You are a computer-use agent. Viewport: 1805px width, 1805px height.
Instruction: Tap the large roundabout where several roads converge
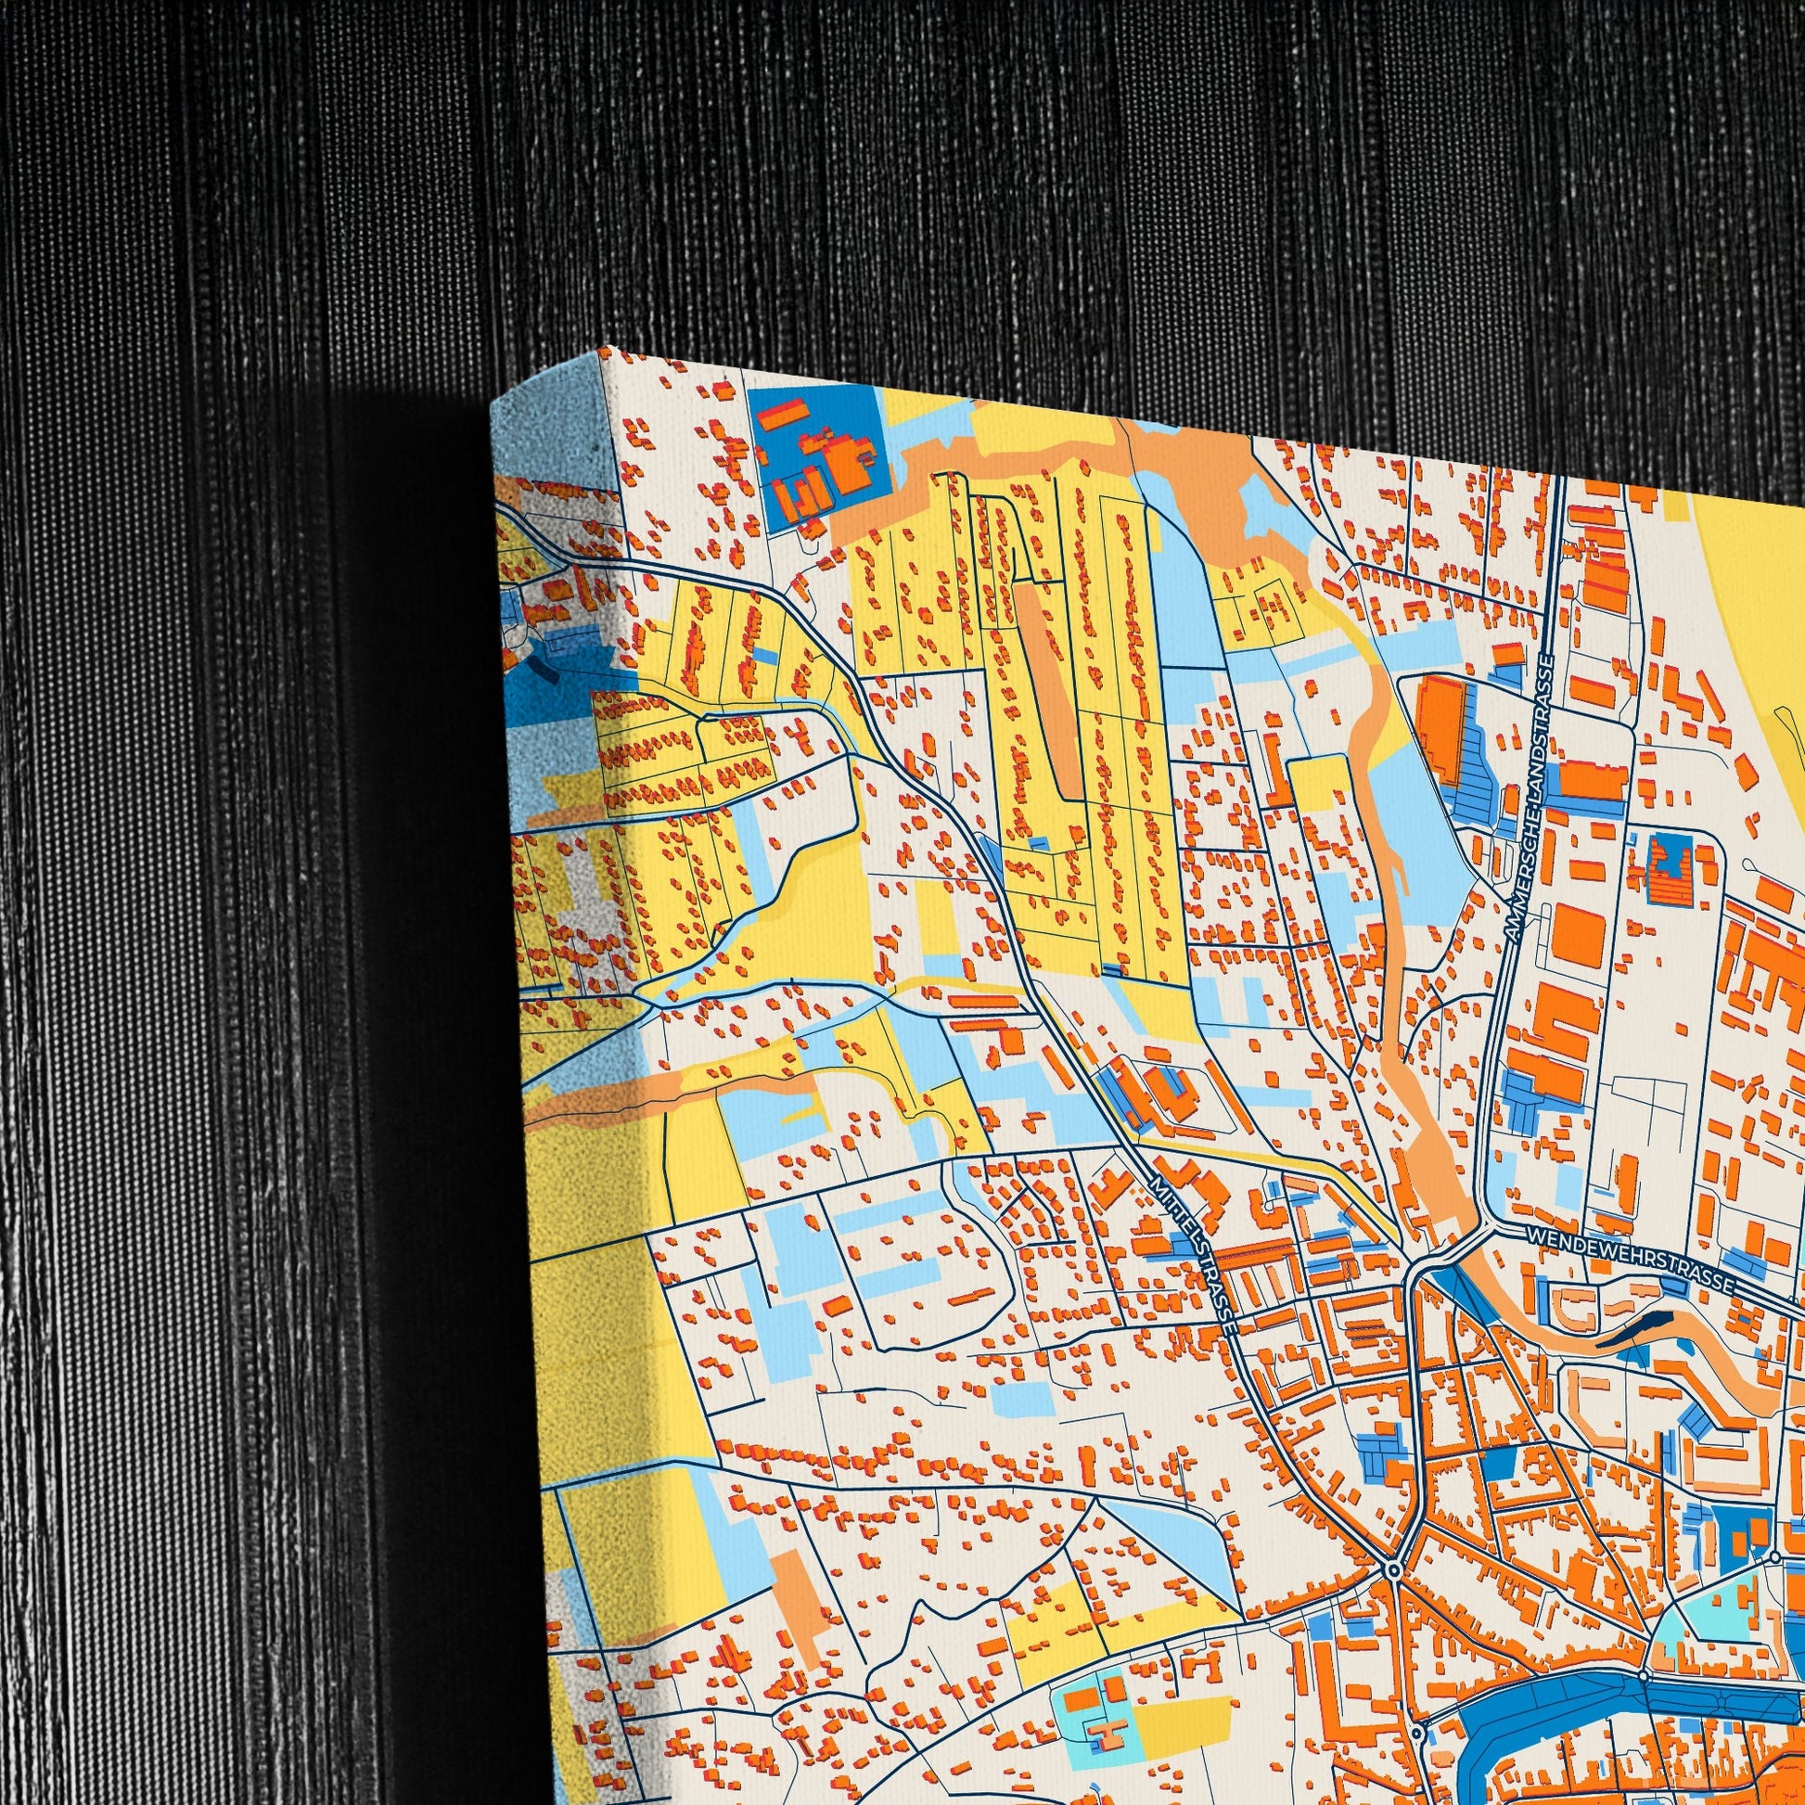[1393, 1570]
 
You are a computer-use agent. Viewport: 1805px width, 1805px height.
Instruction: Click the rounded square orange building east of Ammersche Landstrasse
[1579, 934]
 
